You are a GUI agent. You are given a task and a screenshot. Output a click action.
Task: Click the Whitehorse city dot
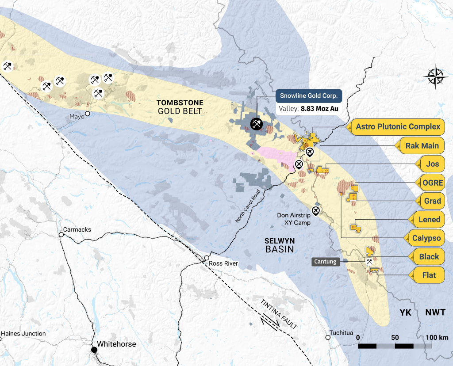click(x=94, y=350)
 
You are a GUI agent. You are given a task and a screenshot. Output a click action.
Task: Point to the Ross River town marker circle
click(x=206, y=258)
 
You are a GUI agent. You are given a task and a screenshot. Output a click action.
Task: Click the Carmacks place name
click(x=77, y=230)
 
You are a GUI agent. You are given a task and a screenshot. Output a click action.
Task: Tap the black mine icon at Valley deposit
click(x=256, y=124)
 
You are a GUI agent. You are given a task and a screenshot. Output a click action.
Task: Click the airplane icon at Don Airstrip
click(x=316, y=210)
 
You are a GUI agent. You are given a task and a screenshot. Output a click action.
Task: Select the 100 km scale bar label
click(x=438, y=338)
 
